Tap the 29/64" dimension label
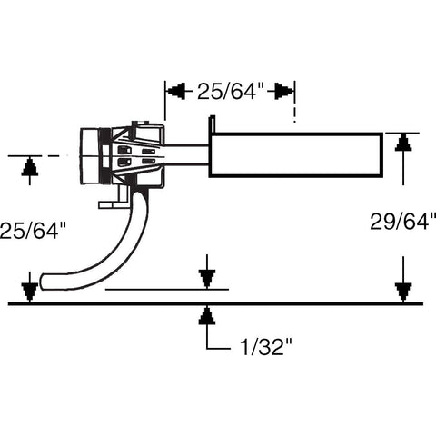403,222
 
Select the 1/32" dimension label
266,347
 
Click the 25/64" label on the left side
33,231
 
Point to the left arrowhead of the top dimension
176,91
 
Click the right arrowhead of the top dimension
284,91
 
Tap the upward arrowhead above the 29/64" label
403,143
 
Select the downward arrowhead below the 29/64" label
403,292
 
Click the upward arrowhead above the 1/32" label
207,316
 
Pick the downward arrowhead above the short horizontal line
207,279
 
